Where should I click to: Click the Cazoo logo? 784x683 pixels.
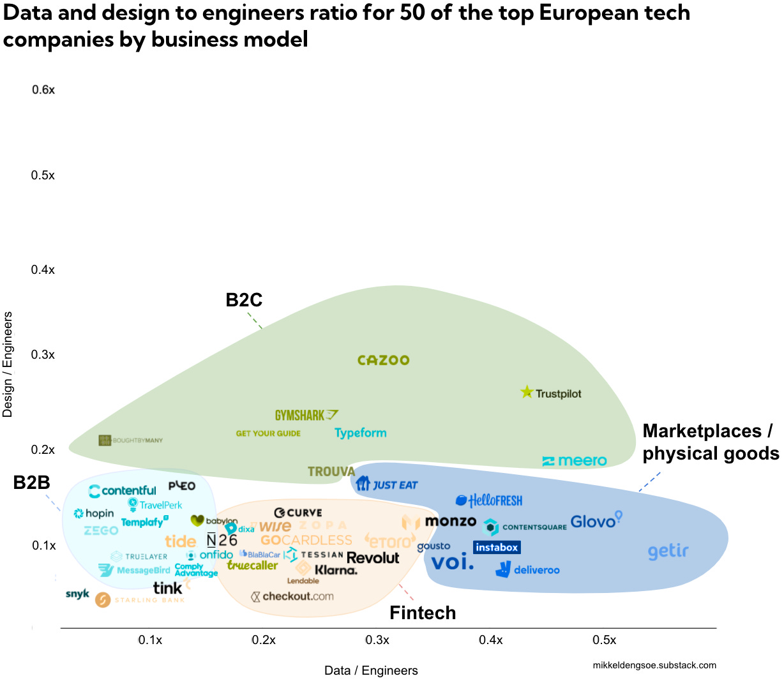pyautogui.click(x=383, y=361)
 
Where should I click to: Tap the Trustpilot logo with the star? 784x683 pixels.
pyautogui.click(x=551, y=393)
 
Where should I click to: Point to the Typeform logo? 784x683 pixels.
pyautogui.click(x=361, y=433)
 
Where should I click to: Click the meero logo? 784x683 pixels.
pyautogui.click(x=575, y=461)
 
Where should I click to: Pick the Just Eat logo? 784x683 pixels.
pyautogui.click(x=387, y=484)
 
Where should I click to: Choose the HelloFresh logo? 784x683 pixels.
pyautogui.click(x=489, y=500)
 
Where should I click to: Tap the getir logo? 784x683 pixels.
pyautogui.click(x=668, y=552)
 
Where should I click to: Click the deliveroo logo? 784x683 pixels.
pyautogui.click(x=528, y=569)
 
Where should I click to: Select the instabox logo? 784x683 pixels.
pyautogui.click(x=497, y=547)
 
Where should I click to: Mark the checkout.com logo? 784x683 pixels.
pyautogui.click(x=292, y=597)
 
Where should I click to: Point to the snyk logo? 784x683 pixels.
pyautogui.click(x=77, y=594)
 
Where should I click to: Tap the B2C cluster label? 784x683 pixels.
pyautogui.click(x=244, y=300)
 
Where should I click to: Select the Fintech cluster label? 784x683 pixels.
pyautogui.click(x=423, y=613)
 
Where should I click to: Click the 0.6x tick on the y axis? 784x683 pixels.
pyautogui.click(x=43, y=90)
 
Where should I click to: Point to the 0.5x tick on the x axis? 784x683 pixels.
pyautogui.click(x=604, y=640)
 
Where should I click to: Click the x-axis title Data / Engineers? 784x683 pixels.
pyautogui.click(x=371, y=670)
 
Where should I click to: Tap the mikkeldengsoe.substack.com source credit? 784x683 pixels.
pyautogui.click(x=654, y=665)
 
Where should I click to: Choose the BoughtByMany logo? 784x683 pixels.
pyautogui.click(x=131, y=440)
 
